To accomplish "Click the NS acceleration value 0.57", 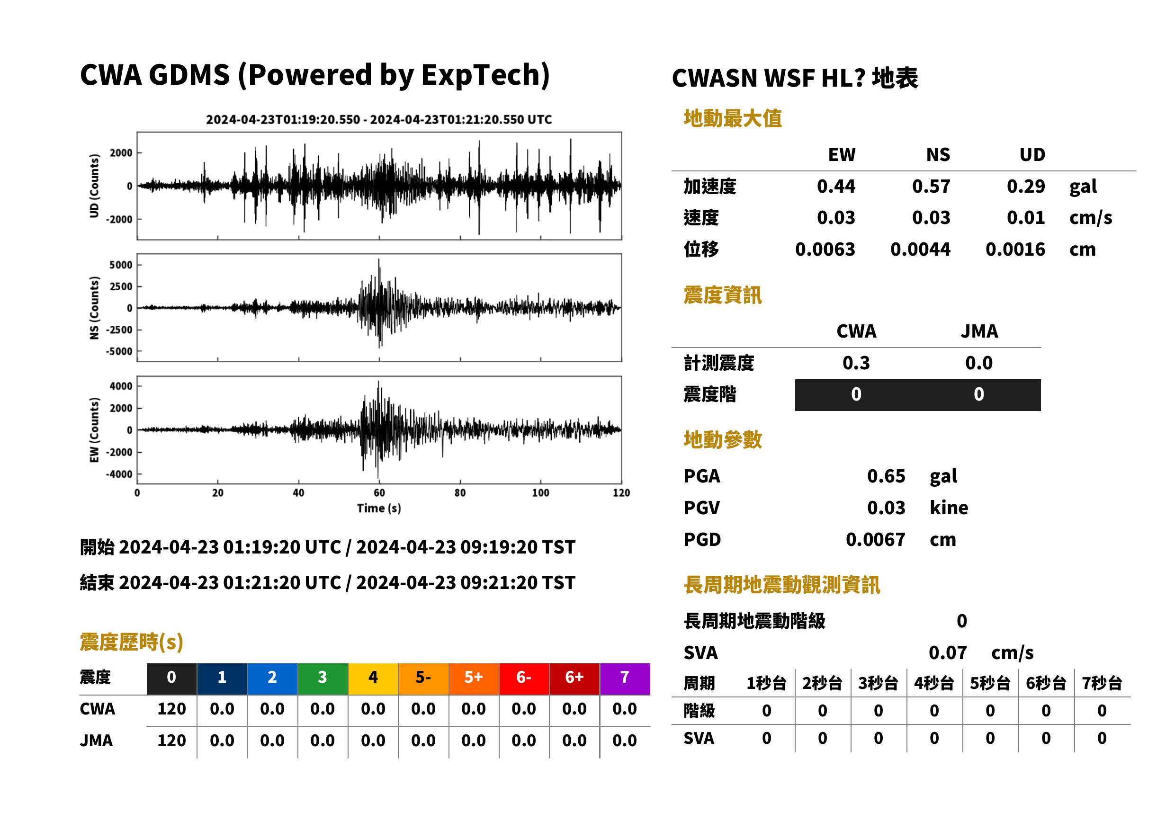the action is click(931, 187).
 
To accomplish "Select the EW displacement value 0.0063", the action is click(825, 250).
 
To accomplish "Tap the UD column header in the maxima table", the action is click(1032, 154).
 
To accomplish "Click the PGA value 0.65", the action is click(886, 476).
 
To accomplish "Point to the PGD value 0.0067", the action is click(875, 539).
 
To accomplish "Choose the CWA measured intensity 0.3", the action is click(856, 363).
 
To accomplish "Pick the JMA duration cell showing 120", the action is click(171, 741).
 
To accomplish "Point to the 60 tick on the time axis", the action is click(379, 493).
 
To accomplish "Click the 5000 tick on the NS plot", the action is click(121, 265).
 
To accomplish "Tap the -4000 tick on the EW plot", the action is click(119, 474).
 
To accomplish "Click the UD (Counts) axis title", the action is click(94, 186).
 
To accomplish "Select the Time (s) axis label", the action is click(379, 509).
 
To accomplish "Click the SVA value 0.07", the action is click(947, 653).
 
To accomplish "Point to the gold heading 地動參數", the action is click(722, 440).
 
